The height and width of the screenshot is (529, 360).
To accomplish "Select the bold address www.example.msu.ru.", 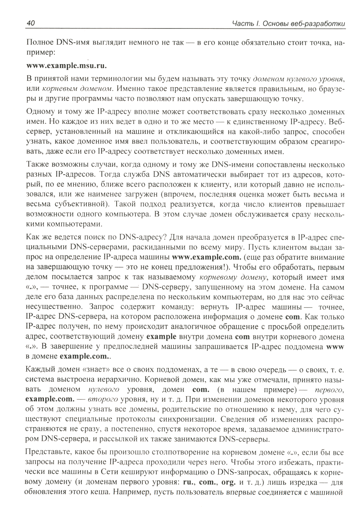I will click(x=67, y=66).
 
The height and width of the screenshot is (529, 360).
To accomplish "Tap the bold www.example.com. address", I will click(x=206, y=257).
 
